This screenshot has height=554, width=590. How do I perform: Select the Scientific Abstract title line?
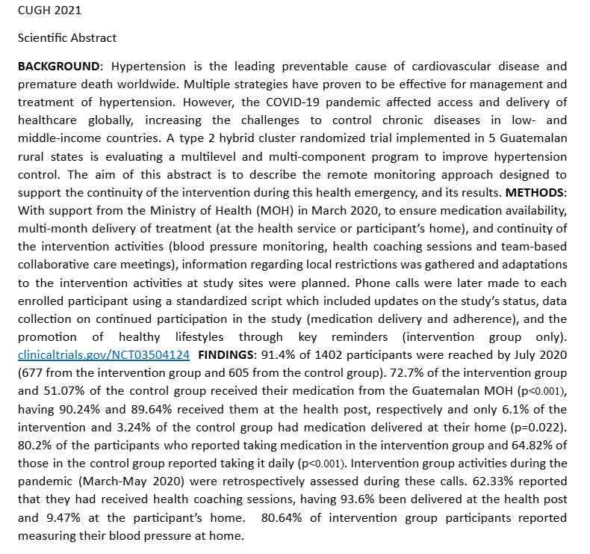pos(67,37)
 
